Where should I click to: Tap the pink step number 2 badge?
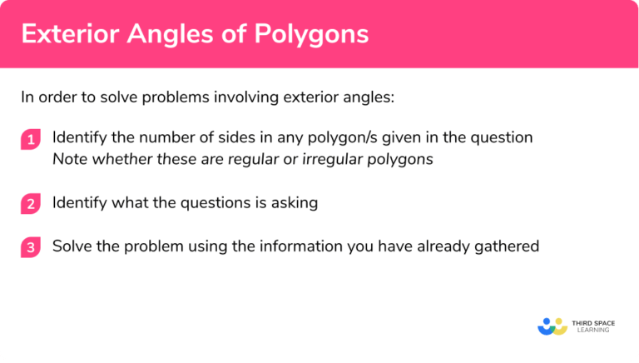(31, 202)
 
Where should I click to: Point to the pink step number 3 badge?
(31, 246)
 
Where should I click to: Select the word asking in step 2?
(295, 202)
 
